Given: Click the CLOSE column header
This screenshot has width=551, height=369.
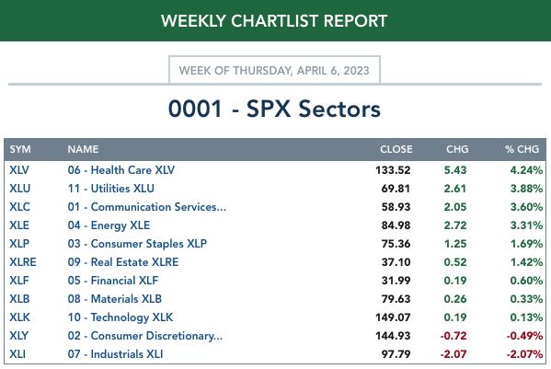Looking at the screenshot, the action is (x=396, y=149).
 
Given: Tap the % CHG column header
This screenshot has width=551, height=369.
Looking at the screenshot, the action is (x=522, y=149).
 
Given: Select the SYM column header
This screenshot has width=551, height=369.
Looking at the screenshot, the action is (x=20, y=149).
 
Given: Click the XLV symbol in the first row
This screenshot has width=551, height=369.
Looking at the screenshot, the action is (x=19, y=170).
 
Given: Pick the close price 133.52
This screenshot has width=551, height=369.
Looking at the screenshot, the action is (x=393, y=170).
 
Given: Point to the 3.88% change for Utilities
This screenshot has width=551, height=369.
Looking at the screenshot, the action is (x=526, y=189).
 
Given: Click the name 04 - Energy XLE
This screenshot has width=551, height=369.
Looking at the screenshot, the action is (x=109, y=225).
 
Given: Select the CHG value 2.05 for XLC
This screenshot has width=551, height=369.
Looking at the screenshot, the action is (x=455, y=207).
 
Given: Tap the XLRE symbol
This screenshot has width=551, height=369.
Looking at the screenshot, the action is (x=23, y=262).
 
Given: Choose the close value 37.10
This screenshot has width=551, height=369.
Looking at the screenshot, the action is (x=396, y=262).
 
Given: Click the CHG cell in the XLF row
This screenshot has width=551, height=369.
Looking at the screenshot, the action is (x=455, y=281).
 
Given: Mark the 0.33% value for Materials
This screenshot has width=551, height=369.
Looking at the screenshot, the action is (x=526, y=299).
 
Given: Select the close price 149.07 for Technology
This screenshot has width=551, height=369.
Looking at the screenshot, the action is (x=393, y=317).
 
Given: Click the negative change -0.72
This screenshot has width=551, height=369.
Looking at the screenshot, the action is (x=453, y=336).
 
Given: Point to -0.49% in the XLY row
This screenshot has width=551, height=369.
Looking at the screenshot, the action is (x=524, y=336).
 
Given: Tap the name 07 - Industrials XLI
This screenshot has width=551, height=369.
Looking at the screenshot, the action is (x=115, y=354).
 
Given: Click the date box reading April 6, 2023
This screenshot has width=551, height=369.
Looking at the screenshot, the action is (x=274, y=70).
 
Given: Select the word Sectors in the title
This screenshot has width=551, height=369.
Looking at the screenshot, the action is (x=339, y=109).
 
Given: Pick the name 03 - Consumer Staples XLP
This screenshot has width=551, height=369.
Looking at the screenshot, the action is (x=137, y=244).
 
